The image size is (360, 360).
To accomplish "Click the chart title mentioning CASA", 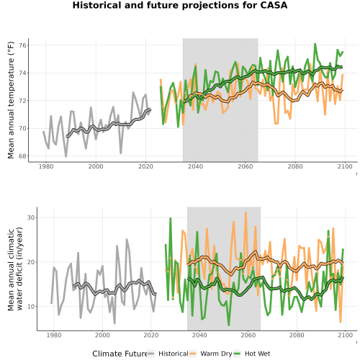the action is tap(180, 5).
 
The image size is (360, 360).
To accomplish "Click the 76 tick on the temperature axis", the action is tap(22, 45).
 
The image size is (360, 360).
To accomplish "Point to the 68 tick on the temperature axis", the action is tap(22, 156).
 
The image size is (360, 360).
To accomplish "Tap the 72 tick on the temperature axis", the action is tap(22, 101).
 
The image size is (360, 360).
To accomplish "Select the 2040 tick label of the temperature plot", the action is tap(195, 166).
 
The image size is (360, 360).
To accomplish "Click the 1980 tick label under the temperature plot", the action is tap(46, 166).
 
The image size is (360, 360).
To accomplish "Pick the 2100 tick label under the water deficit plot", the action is tap(345, 335).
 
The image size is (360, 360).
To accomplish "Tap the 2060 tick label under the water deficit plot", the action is tap(248, 335).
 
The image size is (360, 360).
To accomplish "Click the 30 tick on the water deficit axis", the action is tap(31, 217).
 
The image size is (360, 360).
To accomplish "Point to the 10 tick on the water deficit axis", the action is tap(31, 307).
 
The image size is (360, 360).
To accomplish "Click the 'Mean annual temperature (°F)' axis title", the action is tap(11, 100).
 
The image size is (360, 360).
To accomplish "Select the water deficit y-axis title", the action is tap(15, 269).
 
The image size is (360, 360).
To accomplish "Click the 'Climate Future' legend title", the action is tap(120, 354).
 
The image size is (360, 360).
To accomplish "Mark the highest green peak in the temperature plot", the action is tap(315, 44).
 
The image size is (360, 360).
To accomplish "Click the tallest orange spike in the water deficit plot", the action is tap(246, 212).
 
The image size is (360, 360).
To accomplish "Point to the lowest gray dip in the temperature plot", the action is tap(66, 156).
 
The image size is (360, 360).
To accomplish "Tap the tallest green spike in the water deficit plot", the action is tap(171, 218).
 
